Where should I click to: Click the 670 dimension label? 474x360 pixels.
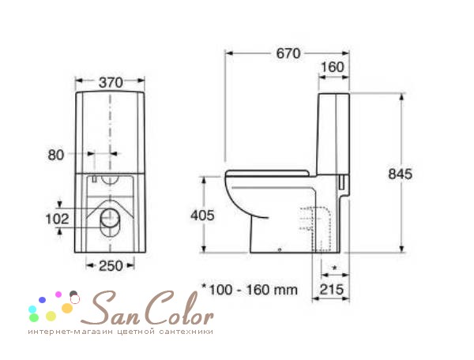point(288,54)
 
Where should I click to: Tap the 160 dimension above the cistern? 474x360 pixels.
point(333,67)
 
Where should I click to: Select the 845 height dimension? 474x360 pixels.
point(401,174)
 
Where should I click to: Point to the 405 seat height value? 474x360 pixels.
point(202,216)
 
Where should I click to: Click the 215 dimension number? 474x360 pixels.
point(332,289)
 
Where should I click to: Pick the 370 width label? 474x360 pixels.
point(111,82)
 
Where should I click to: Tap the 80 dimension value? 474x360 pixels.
point(56,155)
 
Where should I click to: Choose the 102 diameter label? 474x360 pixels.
point(57,219)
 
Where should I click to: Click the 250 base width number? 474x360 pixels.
point(111,266)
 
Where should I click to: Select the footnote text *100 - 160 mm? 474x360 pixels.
point(250,290)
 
